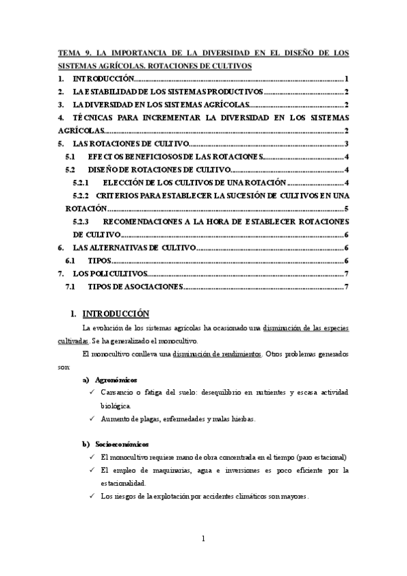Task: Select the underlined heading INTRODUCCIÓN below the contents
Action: tap(114, 314)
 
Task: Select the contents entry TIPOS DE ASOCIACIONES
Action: tap(135, 287)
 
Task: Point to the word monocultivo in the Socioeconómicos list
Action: tap(132, 457)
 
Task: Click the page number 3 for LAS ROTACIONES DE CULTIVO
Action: tap(347, 143)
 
